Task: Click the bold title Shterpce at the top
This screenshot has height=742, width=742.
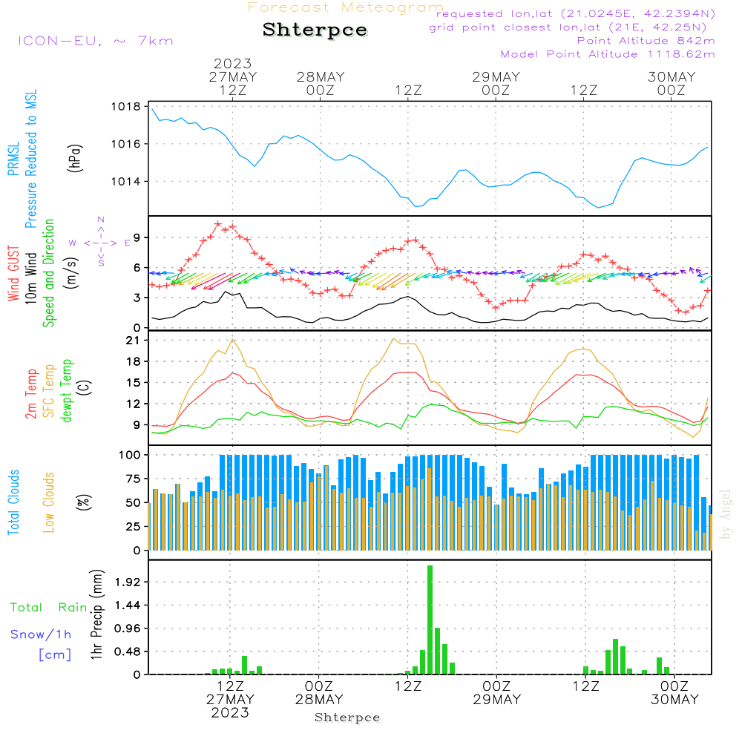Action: pyautogui.click(x=315, y=30)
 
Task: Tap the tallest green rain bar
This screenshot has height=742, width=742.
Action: pyautogui.click(x=430, y=620)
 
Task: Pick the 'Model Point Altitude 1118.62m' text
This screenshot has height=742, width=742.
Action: pyautogui.click(x=608, y=54)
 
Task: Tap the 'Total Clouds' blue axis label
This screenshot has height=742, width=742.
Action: pyautogui.click(x=13, y=502)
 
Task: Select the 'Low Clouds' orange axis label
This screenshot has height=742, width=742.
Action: pyautogui.click(x=49, y=502)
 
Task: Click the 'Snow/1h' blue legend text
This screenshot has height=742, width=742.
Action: pyautogui.click(x=41, y=634)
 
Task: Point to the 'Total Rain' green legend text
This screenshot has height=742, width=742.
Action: pyautogui.click(x=48, y=608)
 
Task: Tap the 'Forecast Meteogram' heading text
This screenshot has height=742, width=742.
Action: pyautogui.click(x=346, y=7)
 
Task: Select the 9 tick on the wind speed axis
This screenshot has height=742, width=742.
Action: pyautogui.click(x=137, y=237)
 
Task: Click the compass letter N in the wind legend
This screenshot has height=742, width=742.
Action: pyautogui.click(x=101, y=220)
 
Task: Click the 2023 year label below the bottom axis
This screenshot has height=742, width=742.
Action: pyautogui.click(x=230, y=713)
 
